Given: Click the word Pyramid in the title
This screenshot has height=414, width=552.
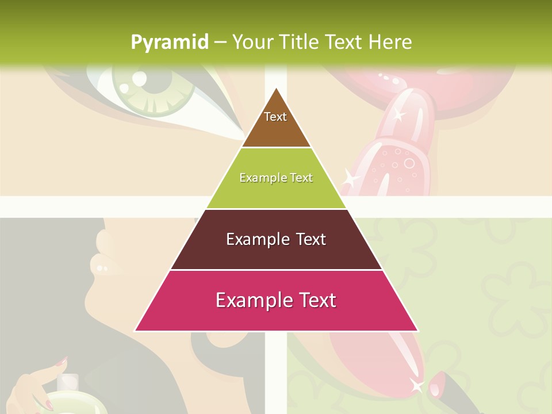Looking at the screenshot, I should point(169,43).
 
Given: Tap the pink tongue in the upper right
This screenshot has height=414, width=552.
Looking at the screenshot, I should point(397,144).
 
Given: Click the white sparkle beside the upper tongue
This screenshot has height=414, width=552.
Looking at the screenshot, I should point(350,180).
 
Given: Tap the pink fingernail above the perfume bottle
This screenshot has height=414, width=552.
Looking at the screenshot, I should point(62,361).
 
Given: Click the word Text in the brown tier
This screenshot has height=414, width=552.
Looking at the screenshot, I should point(275,117).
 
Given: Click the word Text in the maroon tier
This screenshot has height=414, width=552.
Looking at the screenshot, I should point(304,239).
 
